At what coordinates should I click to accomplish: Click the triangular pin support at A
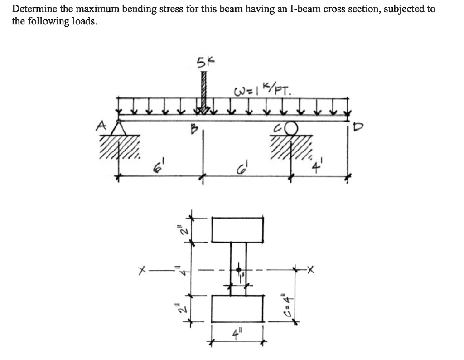point(120,128)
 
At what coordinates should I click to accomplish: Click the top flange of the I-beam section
point(238,229)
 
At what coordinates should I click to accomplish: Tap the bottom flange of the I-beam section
point(237,308)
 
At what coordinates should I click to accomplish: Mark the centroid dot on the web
point(239,270)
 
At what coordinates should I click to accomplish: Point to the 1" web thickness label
point(243,276)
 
